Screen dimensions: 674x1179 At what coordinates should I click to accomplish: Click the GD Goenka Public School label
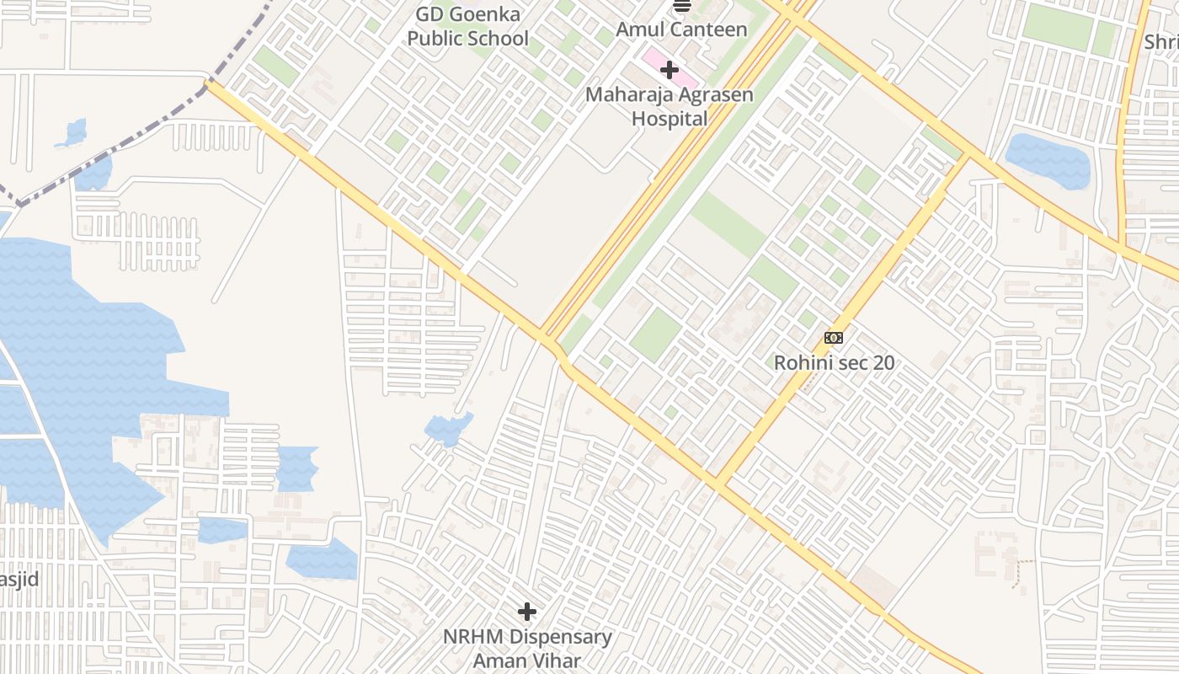[x=467, y=27]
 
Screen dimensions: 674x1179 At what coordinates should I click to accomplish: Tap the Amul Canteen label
[x=681, y=29]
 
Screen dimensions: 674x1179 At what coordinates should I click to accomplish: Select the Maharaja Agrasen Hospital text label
[x=670, y=106]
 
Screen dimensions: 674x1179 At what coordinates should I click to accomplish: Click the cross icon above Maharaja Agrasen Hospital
[x=670, y=69]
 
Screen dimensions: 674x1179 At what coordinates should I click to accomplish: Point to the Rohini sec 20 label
[x=834, y=363]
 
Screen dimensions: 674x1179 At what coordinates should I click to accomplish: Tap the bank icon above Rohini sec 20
[x=833, y=338]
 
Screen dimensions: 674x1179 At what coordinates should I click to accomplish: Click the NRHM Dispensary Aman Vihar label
[x=527, y=648]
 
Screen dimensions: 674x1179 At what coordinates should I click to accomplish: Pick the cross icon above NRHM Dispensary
[x=527, y=611]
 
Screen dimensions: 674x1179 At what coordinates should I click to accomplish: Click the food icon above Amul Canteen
[x=681, y=5]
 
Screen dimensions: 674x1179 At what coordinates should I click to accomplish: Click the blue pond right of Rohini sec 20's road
[x=1048, y=160]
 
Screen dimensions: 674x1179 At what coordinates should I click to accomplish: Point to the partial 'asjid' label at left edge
[x=19, y=579]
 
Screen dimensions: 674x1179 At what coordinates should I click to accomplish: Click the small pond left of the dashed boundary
[x=74, y=133]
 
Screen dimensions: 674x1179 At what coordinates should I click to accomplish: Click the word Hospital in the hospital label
[x=670, y=119]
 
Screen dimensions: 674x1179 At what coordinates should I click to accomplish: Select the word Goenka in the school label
[x=489, y=15]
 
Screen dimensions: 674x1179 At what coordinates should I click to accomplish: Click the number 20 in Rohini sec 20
[x=883, y=363]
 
